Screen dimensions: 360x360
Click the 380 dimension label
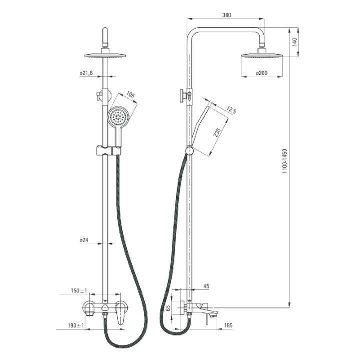226,15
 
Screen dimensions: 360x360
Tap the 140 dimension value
294,42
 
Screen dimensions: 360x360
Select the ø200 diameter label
261,73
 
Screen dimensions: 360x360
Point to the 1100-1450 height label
284,160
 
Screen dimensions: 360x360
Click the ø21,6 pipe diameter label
86,73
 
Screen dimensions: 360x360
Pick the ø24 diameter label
84,240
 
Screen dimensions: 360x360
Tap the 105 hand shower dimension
130,95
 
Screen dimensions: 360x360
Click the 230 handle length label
217,132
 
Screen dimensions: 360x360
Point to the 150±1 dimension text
79,290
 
